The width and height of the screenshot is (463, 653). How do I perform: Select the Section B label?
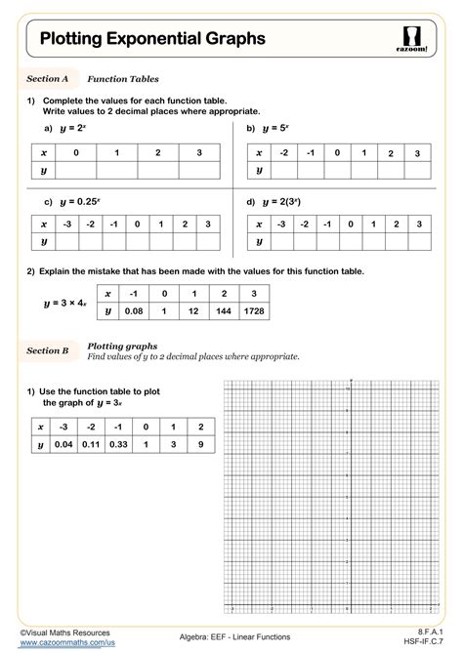pyautogui.click(x=47, y=348)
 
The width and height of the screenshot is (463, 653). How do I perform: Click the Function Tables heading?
pyautogui.click(x=123, y=78)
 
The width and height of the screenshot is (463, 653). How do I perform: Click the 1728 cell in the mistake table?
pyautogui.click(x=253, y=310)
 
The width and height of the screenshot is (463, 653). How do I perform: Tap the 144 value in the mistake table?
pyautogui.click(x=223, y=310)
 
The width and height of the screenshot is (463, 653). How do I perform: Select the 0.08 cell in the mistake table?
pyautogui.click(x=133, y=310)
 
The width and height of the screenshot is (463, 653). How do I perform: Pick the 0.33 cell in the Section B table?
pyautogui.click(x=117, y=445)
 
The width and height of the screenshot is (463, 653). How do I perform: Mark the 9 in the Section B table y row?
pyautogui.click(x=200, y=445)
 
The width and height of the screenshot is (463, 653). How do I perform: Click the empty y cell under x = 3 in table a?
pyautogui.click(x=198, y=170)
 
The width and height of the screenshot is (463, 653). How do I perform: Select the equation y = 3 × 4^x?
pyautogui.click(x=64, y=304)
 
